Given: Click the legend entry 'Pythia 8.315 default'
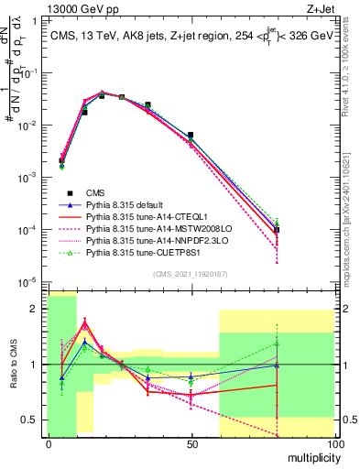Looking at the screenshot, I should click(129, 204).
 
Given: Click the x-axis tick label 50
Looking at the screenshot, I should click(191, 444).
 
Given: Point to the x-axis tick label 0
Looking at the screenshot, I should click(49, 444).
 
